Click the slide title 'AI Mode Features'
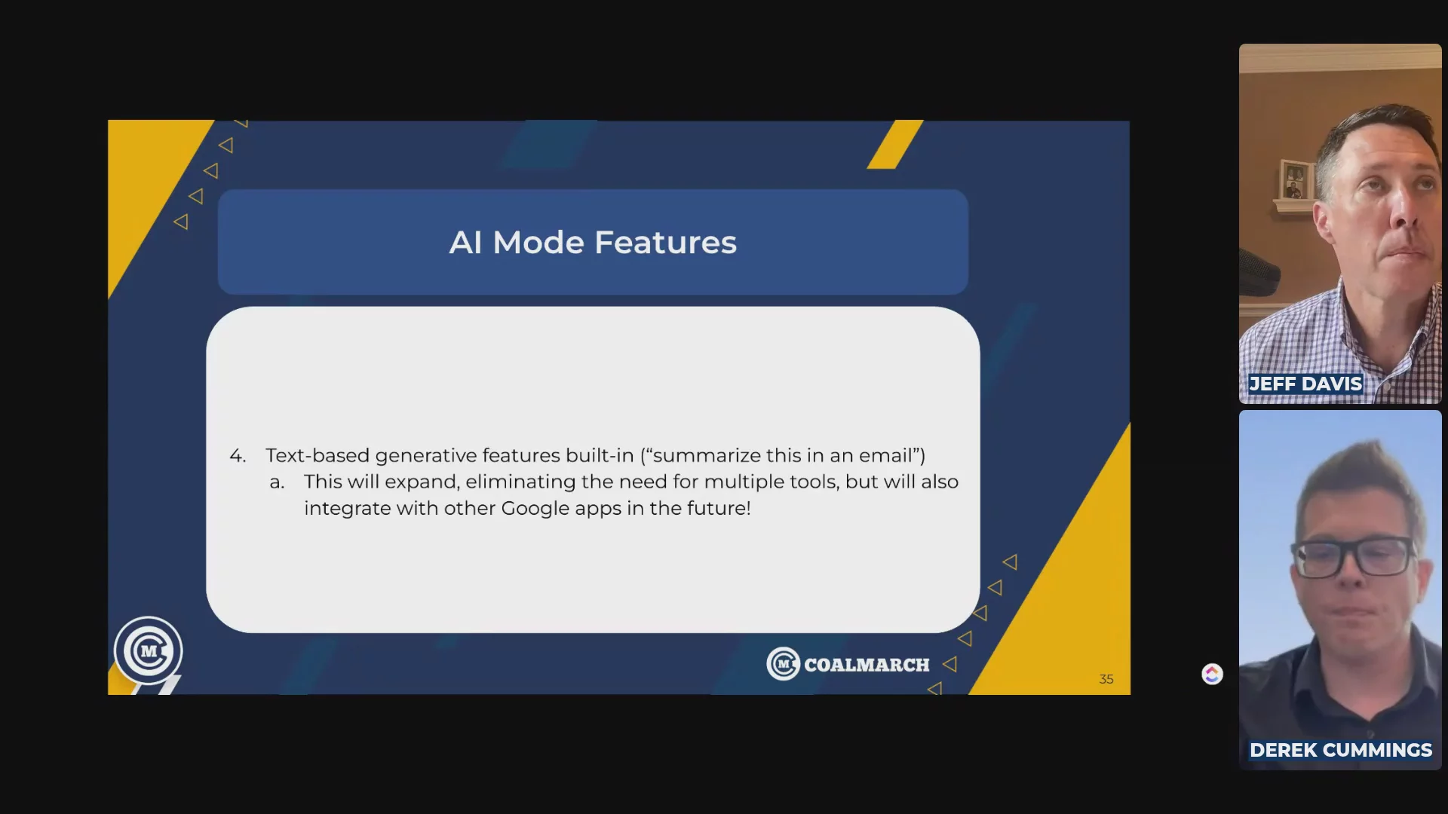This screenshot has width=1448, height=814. coord(593,243)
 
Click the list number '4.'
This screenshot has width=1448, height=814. coord(238,456)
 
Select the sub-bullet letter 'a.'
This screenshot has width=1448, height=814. coord(277,482)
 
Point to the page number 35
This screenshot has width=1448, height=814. coord(1106,679)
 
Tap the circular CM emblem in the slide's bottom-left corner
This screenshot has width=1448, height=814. coord(149,650)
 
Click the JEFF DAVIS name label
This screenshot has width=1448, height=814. coord(1305,384)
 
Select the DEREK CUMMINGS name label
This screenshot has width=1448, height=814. coord(1340,750)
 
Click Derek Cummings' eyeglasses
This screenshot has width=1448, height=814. coord(1354,558)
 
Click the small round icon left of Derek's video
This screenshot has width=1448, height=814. coord(1212,674)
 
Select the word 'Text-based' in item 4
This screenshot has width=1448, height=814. coord(318,456)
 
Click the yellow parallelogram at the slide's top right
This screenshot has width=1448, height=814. coord(895,144)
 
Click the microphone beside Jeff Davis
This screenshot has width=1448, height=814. coord(1259,271)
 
